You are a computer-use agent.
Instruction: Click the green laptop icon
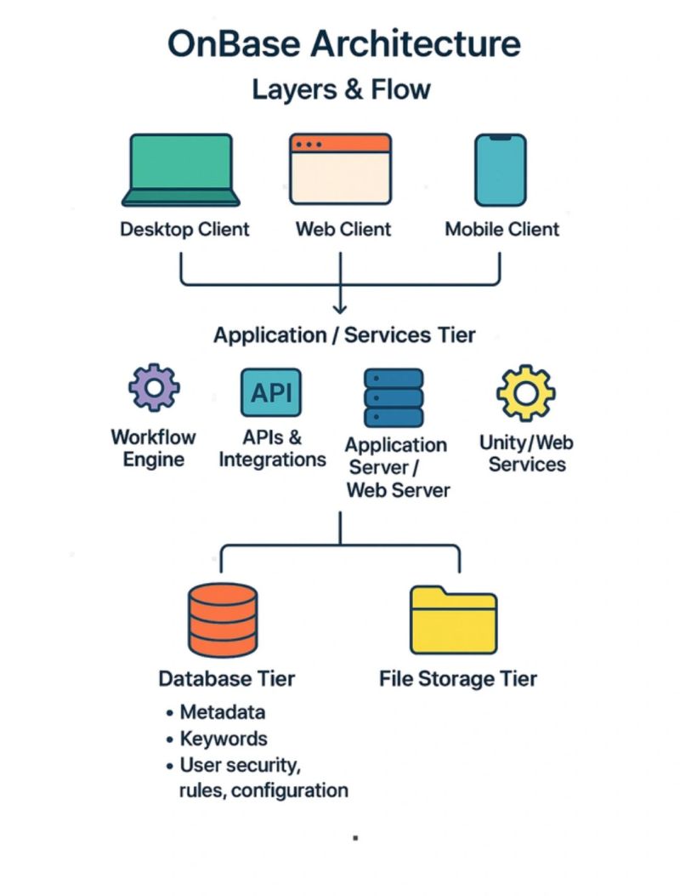180,169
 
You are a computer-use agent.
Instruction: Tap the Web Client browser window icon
340,168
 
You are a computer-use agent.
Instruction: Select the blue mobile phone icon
500,168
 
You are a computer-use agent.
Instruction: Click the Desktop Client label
184,229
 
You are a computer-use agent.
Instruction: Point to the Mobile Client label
502,229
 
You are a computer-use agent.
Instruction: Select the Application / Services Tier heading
344,334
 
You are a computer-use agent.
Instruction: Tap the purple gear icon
154,388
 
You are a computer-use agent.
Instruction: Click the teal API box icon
271,392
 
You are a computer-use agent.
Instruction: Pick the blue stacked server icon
394,397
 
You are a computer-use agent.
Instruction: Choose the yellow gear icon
525,394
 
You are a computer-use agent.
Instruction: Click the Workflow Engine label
153,448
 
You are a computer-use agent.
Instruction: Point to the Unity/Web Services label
526,454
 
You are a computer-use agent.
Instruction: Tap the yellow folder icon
453,619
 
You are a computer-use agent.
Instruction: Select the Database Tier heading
227,678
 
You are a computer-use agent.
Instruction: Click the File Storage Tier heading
458,678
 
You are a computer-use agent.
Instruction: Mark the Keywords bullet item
224,739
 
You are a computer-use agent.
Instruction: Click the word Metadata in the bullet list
223,711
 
